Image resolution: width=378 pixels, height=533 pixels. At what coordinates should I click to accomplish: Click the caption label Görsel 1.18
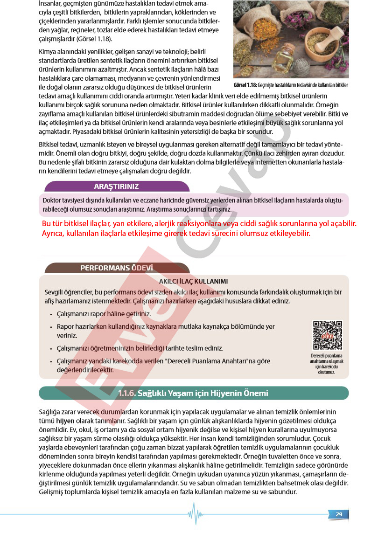tap(245, 85)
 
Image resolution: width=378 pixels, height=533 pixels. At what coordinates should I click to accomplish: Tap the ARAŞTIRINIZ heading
tap(116, 187)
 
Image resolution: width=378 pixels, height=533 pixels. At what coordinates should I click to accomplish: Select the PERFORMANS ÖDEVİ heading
tap(116, 268)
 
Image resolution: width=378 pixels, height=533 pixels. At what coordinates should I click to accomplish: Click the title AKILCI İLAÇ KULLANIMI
tap(193, 281)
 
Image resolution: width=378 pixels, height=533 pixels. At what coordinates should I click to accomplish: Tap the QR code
tap(327, 335)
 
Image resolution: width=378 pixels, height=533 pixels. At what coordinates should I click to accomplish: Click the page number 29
tap(339, 514)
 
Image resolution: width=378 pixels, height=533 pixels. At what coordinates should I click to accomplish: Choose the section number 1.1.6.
tap(126, 393)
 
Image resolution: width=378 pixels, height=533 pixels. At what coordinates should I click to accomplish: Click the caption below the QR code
tap(327, 364)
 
